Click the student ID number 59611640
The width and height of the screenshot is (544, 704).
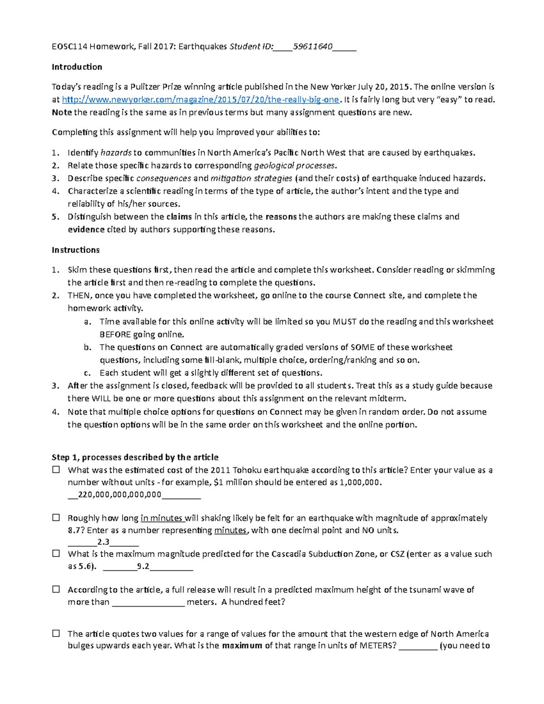(313, 46)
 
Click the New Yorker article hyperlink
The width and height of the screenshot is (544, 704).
(200, 100)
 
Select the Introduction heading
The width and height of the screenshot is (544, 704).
(77, 67)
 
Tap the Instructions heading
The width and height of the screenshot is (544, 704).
(75, 250)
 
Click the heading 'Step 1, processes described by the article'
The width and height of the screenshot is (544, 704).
(135, 457)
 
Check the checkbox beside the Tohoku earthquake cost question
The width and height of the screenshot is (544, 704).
(56, 470)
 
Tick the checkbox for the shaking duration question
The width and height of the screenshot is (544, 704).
(56, 518)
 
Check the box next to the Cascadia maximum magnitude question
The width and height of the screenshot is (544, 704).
(56, 553)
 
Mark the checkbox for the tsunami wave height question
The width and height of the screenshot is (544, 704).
(56, 589)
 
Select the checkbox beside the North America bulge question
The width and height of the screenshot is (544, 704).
(56, 633)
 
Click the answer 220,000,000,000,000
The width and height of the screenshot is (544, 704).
(120, 495)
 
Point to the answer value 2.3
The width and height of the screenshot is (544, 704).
(103, 542)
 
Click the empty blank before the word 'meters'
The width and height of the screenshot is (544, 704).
(148, 602)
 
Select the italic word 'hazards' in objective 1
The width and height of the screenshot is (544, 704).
(116, 153)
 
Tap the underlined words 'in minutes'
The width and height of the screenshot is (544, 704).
(162, 518)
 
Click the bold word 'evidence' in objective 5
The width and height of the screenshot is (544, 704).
(86, 229)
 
